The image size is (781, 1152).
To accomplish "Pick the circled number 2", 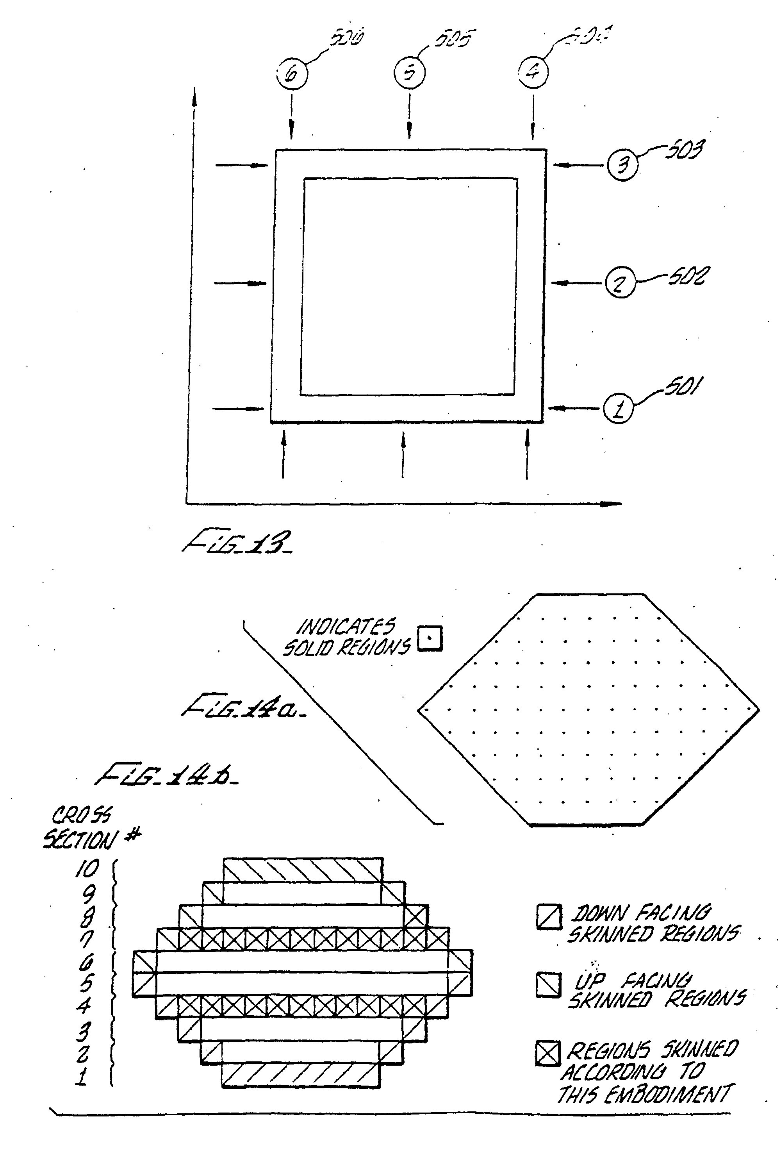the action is click(x=619, y=284).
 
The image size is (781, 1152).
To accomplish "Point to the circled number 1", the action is click(x=618, y=409).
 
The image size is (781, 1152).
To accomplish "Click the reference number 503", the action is click(x=684, y=150).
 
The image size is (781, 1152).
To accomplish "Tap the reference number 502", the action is click(x=689, y=276).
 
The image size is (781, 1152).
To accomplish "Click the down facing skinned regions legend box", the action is click(x=549, y=917).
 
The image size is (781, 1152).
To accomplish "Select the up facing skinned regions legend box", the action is click(x=548, y=984).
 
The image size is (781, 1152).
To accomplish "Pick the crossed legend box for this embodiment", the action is click(x=547, y=1052).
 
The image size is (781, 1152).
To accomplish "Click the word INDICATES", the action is click(x=346, y=627).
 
